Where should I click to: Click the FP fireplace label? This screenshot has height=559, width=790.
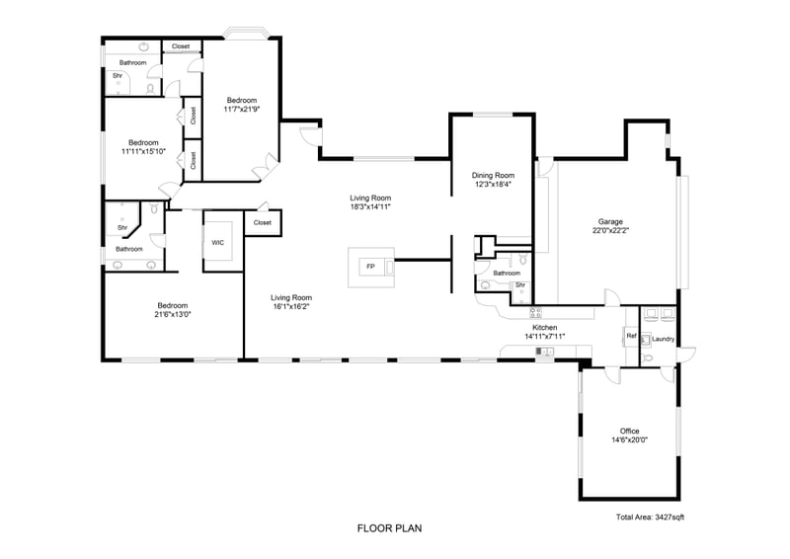pos(370,266)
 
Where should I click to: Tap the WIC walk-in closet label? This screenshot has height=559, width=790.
pos(217,242)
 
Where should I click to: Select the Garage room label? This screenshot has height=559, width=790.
pos(610,221)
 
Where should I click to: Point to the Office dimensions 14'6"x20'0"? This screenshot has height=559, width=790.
pos(629,439)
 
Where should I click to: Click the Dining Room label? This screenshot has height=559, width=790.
pos(493,176)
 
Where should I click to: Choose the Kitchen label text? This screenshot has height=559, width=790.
pos(545,328)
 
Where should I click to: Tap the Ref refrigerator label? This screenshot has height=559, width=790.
pos(631,336)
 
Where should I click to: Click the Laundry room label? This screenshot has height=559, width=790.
pos(663,339)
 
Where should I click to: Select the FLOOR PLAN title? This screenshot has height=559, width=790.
pos(389,528)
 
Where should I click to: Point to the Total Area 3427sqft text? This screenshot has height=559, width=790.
pos(650,518)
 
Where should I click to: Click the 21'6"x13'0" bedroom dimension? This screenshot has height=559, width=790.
pos(173,314)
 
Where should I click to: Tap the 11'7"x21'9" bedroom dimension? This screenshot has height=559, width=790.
pos(242,109)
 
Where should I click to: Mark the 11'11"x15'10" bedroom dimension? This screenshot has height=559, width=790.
pos(143,151)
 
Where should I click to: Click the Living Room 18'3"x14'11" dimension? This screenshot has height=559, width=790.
pos(370,206)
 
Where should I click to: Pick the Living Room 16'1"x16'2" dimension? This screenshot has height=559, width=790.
pos(291,306)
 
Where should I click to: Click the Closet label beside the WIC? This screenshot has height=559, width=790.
pos(263,222)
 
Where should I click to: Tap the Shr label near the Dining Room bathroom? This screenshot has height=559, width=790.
pos(520,285)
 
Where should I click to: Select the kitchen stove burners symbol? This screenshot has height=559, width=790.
pos(535,313)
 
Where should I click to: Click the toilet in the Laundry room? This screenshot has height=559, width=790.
pos(649,359)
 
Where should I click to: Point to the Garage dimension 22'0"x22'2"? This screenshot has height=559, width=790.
pos(610,230)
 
